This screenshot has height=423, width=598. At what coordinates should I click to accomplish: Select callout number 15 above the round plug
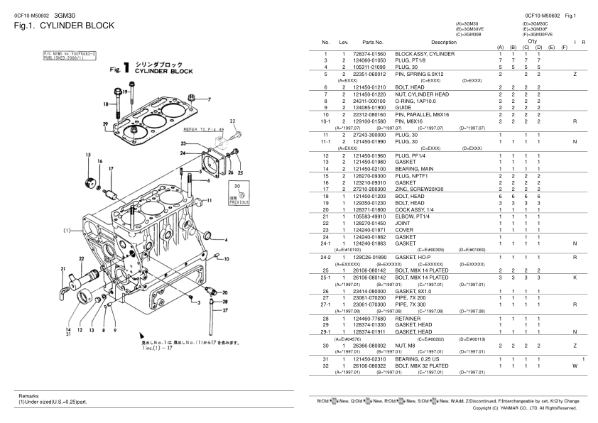89,154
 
